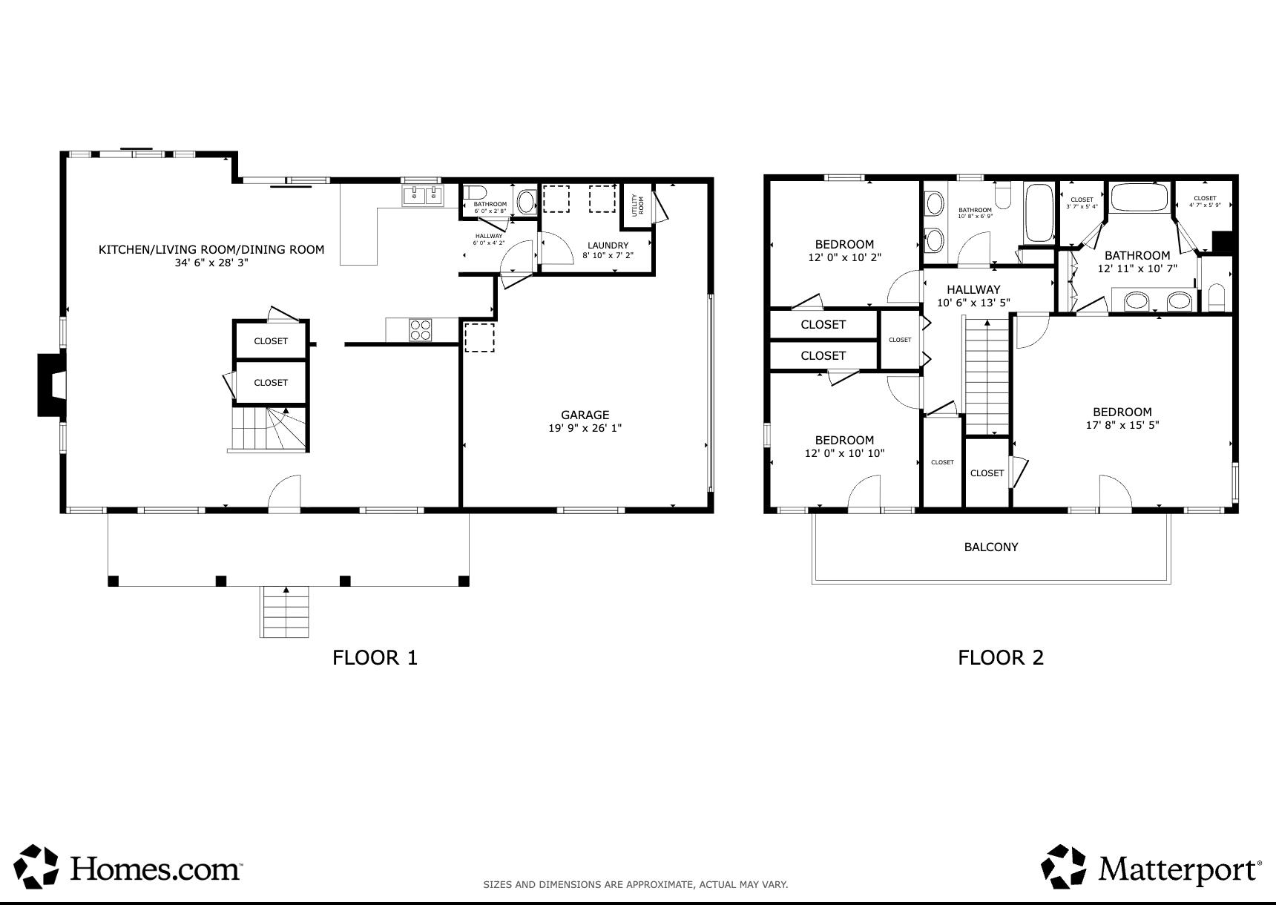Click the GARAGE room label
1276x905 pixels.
point(585,415)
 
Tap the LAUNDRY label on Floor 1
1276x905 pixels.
point(608,246)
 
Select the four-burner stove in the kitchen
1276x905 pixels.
point(421,329)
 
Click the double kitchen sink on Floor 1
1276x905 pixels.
point(422,196)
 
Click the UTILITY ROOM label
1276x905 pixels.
point(637,203)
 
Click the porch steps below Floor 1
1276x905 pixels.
point(285,611)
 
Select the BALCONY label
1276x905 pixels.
point(991,547)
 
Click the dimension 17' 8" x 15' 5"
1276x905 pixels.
point(1122,425)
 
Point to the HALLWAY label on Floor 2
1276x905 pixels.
point(973,290)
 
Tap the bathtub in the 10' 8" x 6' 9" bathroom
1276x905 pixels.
point(1039,213)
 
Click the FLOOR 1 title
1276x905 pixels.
point(375,657)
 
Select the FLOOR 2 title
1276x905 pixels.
point(1001,657)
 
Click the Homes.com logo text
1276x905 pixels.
point(156,866)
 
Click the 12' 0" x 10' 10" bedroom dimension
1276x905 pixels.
point(844,453)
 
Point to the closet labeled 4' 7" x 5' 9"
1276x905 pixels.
point(1205,202)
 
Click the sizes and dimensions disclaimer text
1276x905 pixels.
point(635,884)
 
